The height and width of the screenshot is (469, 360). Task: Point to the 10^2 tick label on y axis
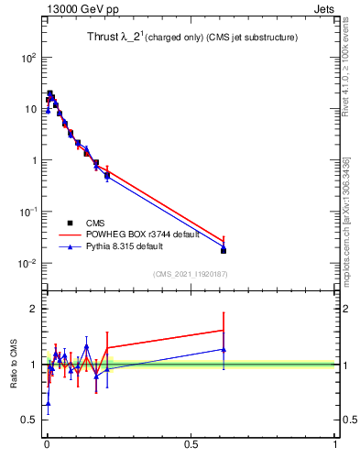(27, 57)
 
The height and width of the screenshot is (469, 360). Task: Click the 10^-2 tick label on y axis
(27, 264)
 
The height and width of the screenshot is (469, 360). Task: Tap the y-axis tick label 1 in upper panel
(32, 160)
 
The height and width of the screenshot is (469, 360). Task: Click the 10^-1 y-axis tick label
(27, 212)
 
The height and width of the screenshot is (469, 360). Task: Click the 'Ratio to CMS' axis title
(13, 365)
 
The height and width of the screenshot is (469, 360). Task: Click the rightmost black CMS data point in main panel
(224, 250)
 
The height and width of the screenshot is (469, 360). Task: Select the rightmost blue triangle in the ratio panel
(224, 349)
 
